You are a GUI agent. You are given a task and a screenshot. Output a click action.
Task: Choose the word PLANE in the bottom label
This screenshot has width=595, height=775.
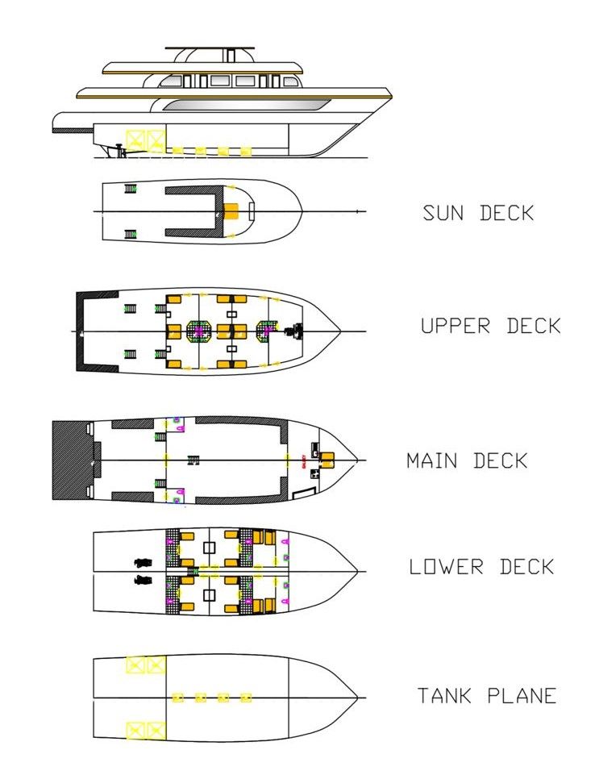(x=521, y=696)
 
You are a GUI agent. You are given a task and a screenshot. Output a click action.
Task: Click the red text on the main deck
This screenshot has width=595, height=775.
(x=303, y=461)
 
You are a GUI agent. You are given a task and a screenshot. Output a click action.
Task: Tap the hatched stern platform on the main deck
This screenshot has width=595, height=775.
(x=71, y=461)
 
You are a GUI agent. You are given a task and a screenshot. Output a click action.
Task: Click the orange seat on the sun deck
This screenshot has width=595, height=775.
(x=231, y=211)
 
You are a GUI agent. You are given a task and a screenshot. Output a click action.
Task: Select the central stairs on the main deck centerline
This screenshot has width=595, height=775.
(x=193, y=460)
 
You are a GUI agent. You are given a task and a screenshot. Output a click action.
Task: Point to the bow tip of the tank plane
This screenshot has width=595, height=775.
(x=357, y=697)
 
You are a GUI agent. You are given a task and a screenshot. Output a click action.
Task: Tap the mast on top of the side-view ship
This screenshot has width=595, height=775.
(x=230, y=55)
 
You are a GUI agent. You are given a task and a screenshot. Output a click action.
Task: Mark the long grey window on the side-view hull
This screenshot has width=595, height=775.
(x=246, y=105)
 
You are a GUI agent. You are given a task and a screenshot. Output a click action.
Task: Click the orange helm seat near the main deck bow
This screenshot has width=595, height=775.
(x=327, y=460)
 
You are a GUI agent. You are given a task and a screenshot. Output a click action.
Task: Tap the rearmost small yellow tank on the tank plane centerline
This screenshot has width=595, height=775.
(x=178, y=697)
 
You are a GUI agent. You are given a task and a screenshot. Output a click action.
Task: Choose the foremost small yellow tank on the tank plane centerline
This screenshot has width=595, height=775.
(x=246, y=697)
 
